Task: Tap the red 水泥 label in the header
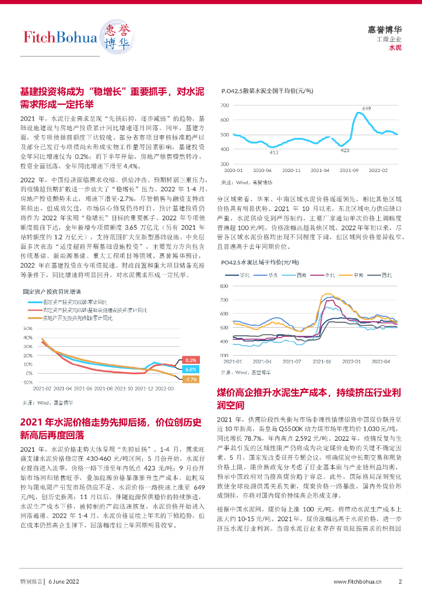[x=395, y=47]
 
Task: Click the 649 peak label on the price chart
[x=367, y=109]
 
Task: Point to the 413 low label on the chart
[x=274, y=152]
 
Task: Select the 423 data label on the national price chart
[x=344, y=150]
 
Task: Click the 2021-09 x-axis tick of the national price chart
[x=349, y=170]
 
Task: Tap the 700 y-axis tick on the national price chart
[x=224, y=106]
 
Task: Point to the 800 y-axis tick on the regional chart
[x=224, y=287]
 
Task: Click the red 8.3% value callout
[x=191, y=360]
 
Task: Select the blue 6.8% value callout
[x=191, y=370]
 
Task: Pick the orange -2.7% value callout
[x=191, y=380]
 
